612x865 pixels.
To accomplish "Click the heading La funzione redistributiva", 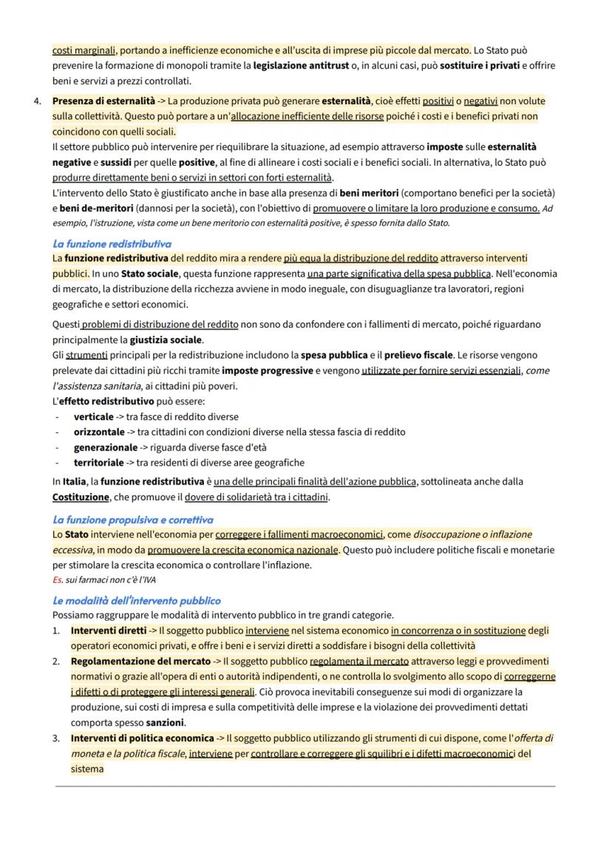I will (112, 243).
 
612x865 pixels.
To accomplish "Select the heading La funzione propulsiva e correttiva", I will (132, 519).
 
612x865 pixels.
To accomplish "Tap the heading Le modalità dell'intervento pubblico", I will (136, 600).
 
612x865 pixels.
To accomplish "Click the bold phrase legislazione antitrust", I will (302, 66).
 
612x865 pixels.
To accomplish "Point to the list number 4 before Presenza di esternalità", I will (37, 101).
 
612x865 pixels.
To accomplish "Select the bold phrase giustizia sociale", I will (166, 340).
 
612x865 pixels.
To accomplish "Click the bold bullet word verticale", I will (93, 417).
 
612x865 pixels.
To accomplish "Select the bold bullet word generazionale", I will (105, 447).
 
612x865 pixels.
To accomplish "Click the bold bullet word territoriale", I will (98, 462).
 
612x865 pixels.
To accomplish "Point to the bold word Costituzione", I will (81, 497).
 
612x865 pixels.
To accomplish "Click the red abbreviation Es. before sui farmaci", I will (58, 579).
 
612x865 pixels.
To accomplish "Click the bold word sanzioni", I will (166, 722).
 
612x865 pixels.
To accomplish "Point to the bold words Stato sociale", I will (150, 274).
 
